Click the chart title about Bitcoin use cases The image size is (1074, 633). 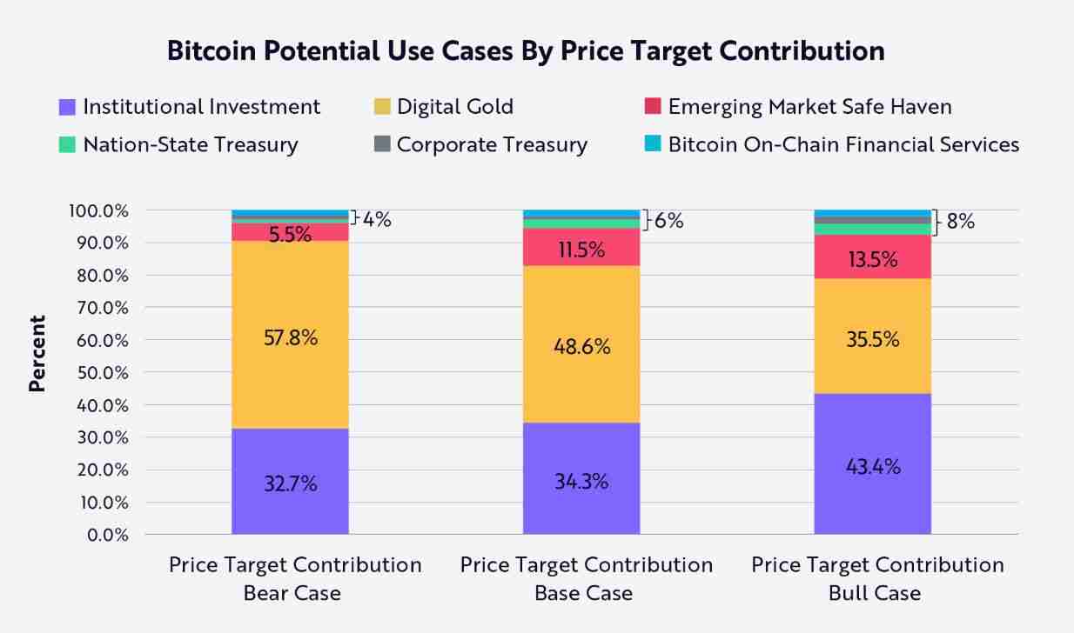(525, 50)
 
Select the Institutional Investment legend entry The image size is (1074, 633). (190, 107)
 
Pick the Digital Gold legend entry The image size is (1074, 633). (443, 107)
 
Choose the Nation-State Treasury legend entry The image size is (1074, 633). (178, 144)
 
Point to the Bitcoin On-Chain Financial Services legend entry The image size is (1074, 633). (831, 144)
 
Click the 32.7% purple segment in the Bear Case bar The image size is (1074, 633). (290, 482)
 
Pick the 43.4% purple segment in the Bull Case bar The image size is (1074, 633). (872, 464)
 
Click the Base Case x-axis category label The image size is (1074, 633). (586, 579)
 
